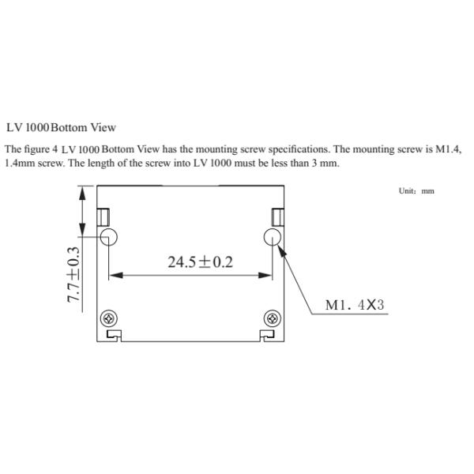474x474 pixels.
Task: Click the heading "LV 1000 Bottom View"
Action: pyautogui.click(x=61, y=127)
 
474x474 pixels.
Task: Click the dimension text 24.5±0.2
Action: pyautogui.click(x=201, y=262)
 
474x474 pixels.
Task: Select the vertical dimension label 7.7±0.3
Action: pyautogui.click(x=73, y=274)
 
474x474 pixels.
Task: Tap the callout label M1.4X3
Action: pyautogui.click(x=355, y=305)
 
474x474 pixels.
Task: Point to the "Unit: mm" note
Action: pyautogui.click(x=416, y=190)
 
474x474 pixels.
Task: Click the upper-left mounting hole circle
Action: pyautogui.click(x=109, y=237)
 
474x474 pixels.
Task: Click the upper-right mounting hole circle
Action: pyautogui.click(x=273, y=237)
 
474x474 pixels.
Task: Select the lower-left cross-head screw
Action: pyautogui.click(x=109, y=318)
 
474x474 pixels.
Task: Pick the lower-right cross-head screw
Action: pyautogui.click(x=273, y=318)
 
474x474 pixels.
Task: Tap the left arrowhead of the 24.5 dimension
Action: pyautogui.click(x=116, y=275)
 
